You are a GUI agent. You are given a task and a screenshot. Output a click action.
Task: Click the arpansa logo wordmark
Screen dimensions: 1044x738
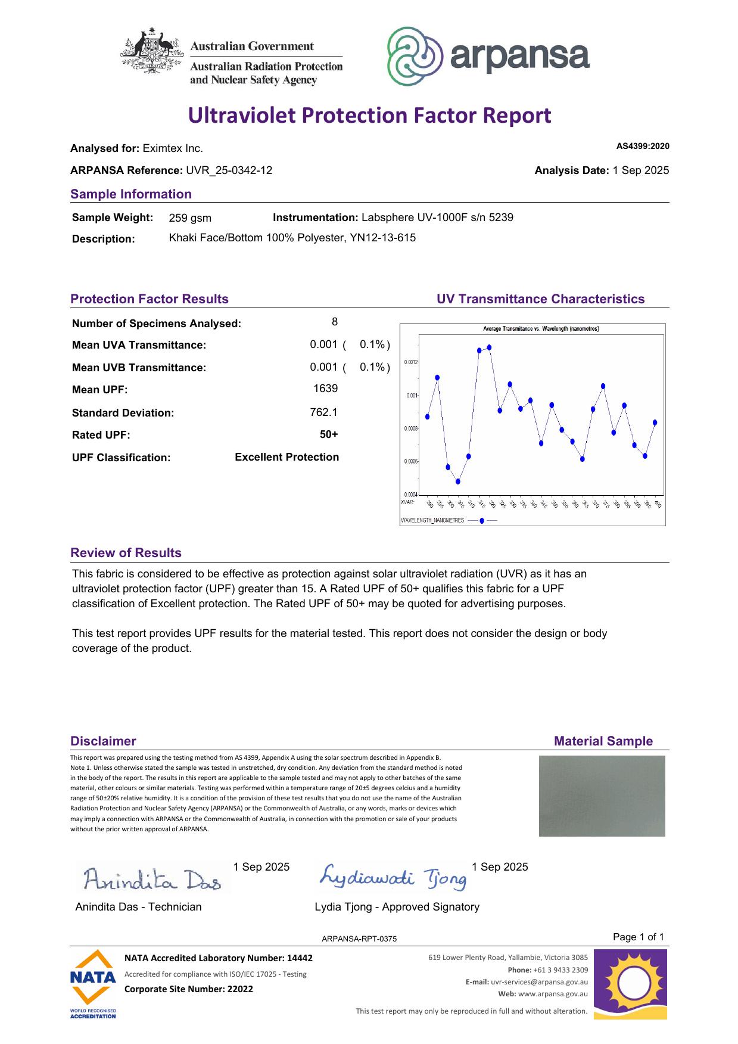pyautogui.click(x=519, y=57)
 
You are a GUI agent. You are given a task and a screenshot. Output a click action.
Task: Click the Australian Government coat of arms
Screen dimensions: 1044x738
pyautogui.click(x=152, y=51)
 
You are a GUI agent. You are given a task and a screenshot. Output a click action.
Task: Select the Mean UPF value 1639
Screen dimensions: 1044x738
pyautogui.click(x=325, y=389)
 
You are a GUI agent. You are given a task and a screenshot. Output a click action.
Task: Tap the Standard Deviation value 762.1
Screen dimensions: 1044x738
pyautogui.click(x=323, y=412)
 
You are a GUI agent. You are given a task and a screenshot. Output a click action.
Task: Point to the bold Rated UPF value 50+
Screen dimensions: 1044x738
pyautogui.click(x=329, y=434)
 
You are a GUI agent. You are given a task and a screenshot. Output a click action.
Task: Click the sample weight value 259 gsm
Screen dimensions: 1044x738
pyautogui.click(x=190, y=218)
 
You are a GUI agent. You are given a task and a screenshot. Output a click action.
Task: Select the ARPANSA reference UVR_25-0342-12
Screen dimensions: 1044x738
pyautogui.click(x=229, y=170)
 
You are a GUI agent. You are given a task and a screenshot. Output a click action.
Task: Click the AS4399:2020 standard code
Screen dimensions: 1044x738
pyautogui.click(x=642, y=147)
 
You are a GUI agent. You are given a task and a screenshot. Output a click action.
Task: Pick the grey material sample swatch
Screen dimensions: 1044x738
pyautogui.click(x=602, y=796)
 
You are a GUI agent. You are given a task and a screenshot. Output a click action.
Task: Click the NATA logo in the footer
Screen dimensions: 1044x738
pyautogui.click(x=92, y=984)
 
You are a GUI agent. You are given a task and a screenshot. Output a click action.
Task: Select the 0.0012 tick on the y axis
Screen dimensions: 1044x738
pyautogui.click(x=411, y=362)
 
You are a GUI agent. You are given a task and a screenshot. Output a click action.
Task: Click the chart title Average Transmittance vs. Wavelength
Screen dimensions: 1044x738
pyautogui.click(x=540, y=329)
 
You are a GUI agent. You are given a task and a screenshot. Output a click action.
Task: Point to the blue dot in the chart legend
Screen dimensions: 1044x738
pyautogui.click(x=481, y=520)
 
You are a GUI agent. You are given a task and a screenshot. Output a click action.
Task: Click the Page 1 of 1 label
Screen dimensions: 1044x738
pyautogui.click(x=638, y=937)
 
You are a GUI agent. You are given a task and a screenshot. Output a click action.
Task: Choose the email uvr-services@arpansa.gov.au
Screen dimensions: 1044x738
pyautogui.click(x=539, y=982)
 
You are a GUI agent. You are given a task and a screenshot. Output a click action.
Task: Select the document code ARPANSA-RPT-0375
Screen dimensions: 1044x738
pyautogui.click(x=359, y=939)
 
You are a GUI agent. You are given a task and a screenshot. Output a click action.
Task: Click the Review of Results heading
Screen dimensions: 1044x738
pyautogui.click(x=126, y=553)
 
